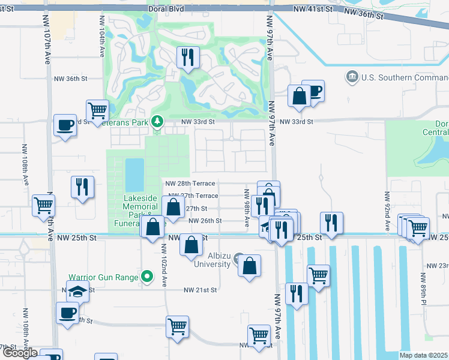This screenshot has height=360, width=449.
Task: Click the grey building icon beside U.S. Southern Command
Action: click(x=352, y=77)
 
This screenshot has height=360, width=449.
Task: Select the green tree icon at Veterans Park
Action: click(x=157, y=122)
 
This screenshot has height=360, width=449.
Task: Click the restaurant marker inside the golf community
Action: click(x=188, y=58)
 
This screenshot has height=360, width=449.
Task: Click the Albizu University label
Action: click(x=211, y=260)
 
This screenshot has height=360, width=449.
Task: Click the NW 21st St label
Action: click(x=200, y=290)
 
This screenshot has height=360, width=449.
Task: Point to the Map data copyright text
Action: click(x=423, y=355)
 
